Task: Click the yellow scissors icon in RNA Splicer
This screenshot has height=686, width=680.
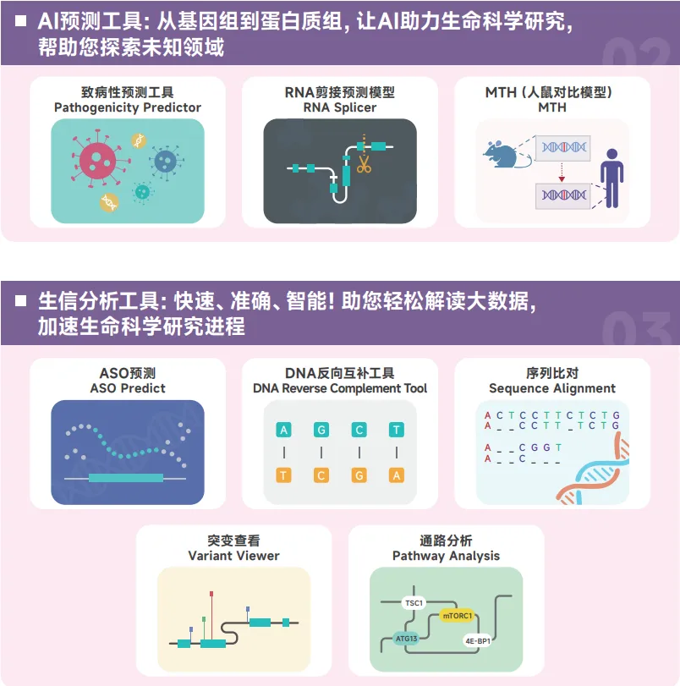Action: click(x=364, y=163)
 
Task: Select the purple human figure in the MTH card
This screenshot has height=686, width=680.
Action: click(x=610, y=178)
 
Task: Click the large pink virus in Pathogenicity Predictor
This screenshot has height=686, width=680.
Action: click(x=100, y=160)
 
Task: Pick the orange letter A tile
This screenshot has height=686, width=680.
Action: click(x=397, y=475)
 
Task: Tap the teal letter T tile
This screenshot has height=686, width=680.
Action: click(x=397, y=430)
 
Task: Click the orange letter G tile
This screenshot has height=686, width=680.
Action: click(x=359, y=475)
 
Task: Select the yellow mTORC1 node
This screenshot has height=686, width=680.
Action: click(x=458, y=616)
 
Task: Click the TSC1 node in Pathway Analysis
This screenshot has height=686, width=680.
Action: click(x=414, y=603)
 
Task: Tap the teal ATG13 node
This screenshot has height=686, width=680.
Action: click(x=407, y=639)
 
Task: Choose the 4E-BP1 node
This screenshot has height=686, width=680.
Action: click(x=478, y=641)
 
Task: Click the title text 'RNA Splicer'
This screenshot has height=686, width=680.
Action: click(x=340, y=107)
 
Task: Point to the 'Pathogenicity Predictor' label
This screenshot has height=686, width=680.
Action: click(x=128, y=107)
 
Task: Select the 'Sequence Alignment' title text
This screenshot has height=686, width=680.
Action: click(x=552, y=388)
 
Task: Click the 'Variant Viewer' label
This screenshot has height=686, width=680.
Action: click(x=233, y=556)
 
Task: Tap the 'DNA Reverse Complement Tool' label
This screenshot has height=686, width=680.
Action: click(x=340, y=388)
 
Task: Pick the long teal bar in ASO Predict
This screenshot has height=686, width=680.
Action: click(x=126, y=478)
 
